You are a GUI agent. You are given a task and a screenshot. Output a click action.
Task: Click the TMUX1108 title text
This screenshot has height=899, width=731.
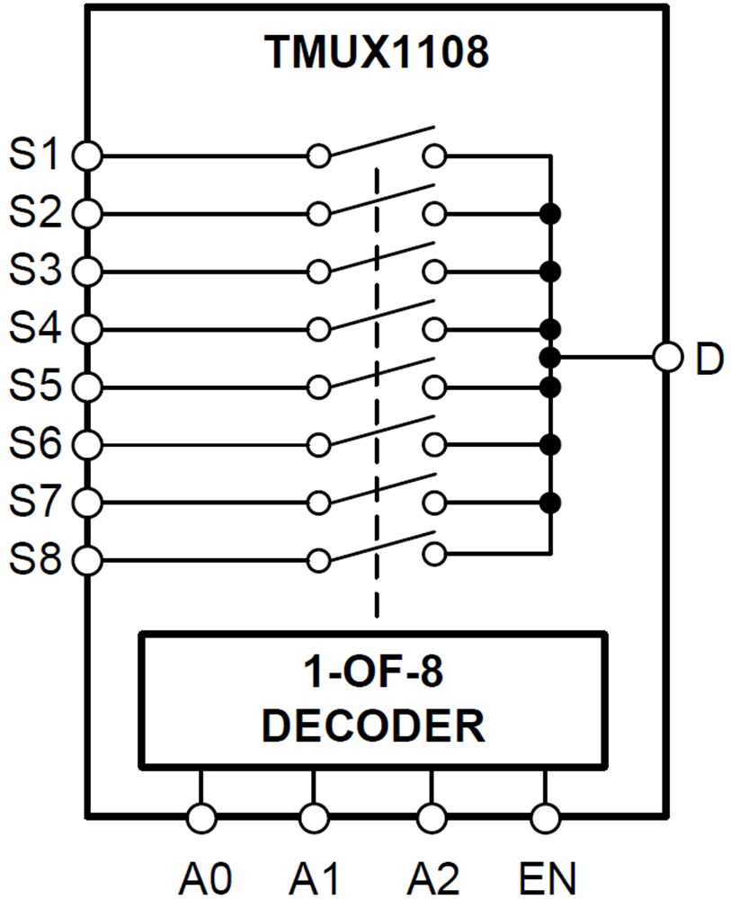click(x=377, y=53)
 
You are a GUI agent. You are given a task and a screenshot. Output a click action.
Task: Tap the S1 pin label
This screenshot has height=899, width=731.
click(x=34, y=155)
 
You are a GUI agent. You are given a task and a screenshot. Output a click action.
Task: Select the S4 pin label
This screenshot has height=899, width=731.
click(x=34, y=328)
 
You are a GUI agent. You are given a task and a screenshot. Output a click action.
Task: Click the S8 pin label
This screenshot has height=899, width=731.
click(x=34, y=560)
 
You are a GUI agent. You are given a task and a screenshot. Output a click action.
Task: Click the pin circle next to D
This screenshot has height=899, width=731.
click(x=667, y=358)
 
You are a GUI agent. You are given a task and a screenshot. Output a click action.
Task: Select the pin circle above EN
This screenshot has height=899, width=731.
click(x=546, y=818)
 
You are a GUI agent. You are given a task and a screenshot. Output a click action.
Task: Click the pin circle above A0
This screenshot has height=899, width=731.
click(x=201, y=818)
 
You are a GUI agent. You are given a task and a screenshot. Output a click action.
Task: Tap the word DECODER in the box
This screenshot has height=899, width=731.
click(x=373, y=725)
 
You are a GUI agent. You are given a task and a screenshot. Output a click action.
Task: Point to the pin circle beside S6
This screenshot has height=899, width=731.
click(x=86, y=444)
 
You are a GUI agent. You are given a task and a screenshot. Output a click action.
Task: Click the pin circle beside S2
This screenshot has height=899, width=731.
click(x=86, y=214)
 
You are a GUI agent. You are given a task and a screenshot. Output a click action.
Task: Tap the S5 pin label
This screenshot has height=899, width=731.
click(x=34, y=387)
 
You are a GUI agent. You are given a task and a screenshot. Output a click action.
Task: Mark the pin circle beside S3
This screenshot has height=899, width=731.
click(x=86, y=271)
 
